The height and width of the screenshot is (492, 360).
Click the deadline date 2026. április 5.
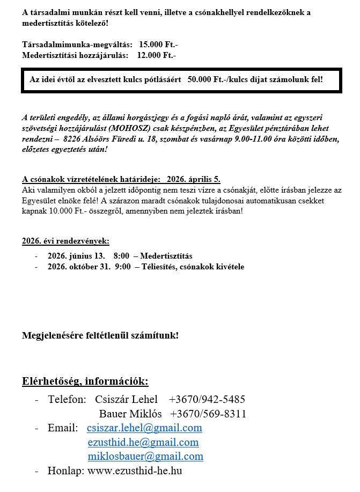coord(193,179)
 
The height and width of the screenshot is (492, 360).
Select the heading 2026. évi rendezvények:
coord(65,241)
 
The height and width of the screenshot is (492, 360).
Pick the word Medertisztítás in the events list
coord(166,256)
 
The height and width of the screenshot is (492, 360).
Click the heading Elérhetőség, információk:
coord(85,381)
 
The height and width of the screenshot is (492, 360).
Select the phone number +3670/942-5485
coord(207,400)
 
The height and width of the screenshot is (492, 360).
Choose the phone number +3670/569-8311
coord(208,414)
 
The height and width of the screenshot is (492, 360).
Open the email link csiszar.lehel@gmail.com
coord(144,428)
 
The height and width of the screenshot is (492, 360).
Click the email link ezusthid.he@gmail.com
coord(143,443)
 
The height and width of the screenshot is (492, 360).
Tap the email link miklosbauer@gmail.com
coord(145,457)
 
